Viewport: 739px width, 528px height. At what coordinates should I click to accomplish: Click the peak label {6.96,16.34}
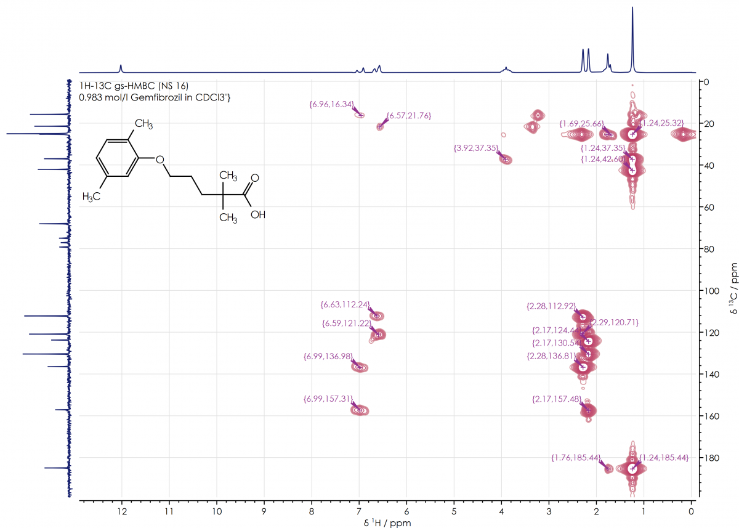tap(331, 105)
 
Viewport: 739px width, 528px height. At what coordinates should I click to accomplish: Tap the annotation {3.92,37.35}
tap(475, 148)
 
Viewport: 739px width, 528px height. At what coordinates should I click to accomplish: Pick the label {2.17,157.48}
tap(556, 399)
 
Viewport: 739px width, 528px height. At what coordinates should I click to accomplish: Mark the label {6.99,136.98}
tap(328, 356)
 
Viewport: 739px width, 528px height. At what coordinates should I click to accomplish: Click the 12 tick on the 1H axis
tap(121, 512)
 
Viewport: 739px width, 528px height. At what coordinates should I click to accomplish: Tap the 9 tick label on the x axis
tap(264, 512)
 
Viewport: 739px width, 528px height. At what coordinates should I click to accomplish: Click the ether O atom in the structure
tap(160, 160)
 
